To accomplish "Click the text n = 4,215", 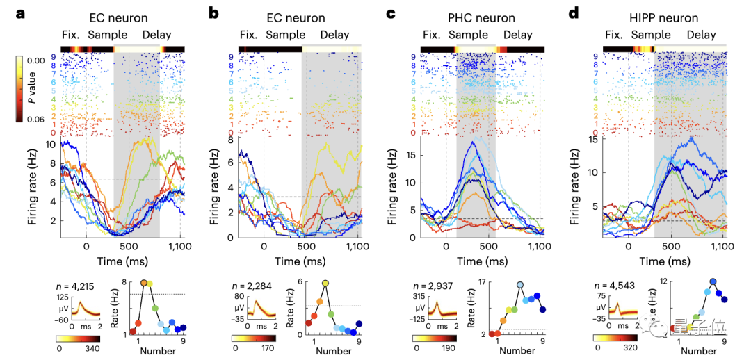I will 76,286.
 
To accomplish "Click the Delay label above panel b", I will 334,34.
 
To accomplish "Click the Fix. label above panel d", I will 614,34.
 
